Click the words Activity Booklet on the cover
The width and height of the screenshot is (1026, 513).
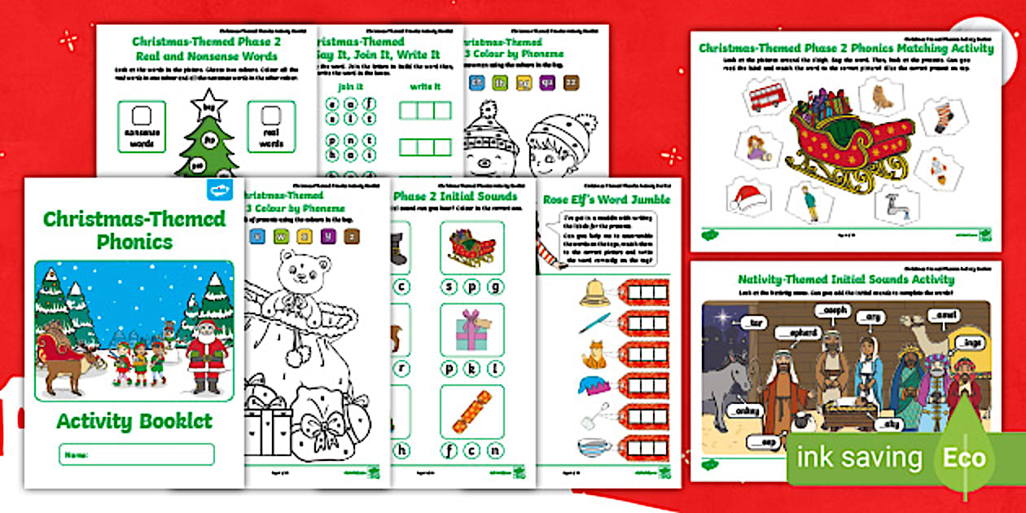(134, 421)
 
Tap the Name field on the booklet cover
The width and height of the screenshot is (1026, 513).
(136, 454)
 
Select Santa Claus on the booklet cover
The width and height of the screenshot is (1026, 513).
(206, 352)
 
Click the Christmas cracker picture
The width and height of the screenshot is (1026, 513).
(472, 411)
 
